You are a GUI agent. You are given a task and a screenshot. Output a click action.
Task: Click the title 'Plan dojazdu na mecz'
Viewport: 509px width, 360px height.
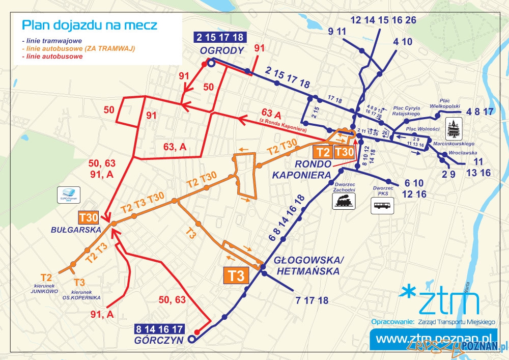[90, 25]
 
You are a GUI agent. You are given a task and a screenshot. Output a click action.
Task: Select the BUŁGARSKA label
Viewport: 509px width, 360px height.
[75, 230]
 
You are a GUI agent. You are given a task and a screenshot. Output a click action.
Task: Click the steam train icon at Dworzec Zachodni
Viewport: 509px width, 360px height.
[344, 201]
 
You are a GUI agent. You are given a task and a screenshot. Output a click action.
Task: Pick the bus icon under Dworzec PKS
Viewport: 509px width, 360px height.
[382, 205]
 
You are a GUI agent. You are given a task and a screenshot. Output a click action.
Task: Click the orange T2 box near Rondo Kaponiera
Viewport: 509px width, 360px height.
[323, 152]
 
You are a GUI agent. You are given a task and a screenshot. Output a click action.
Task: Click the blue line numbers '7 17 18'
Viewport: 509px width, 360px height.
[312, 300]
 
